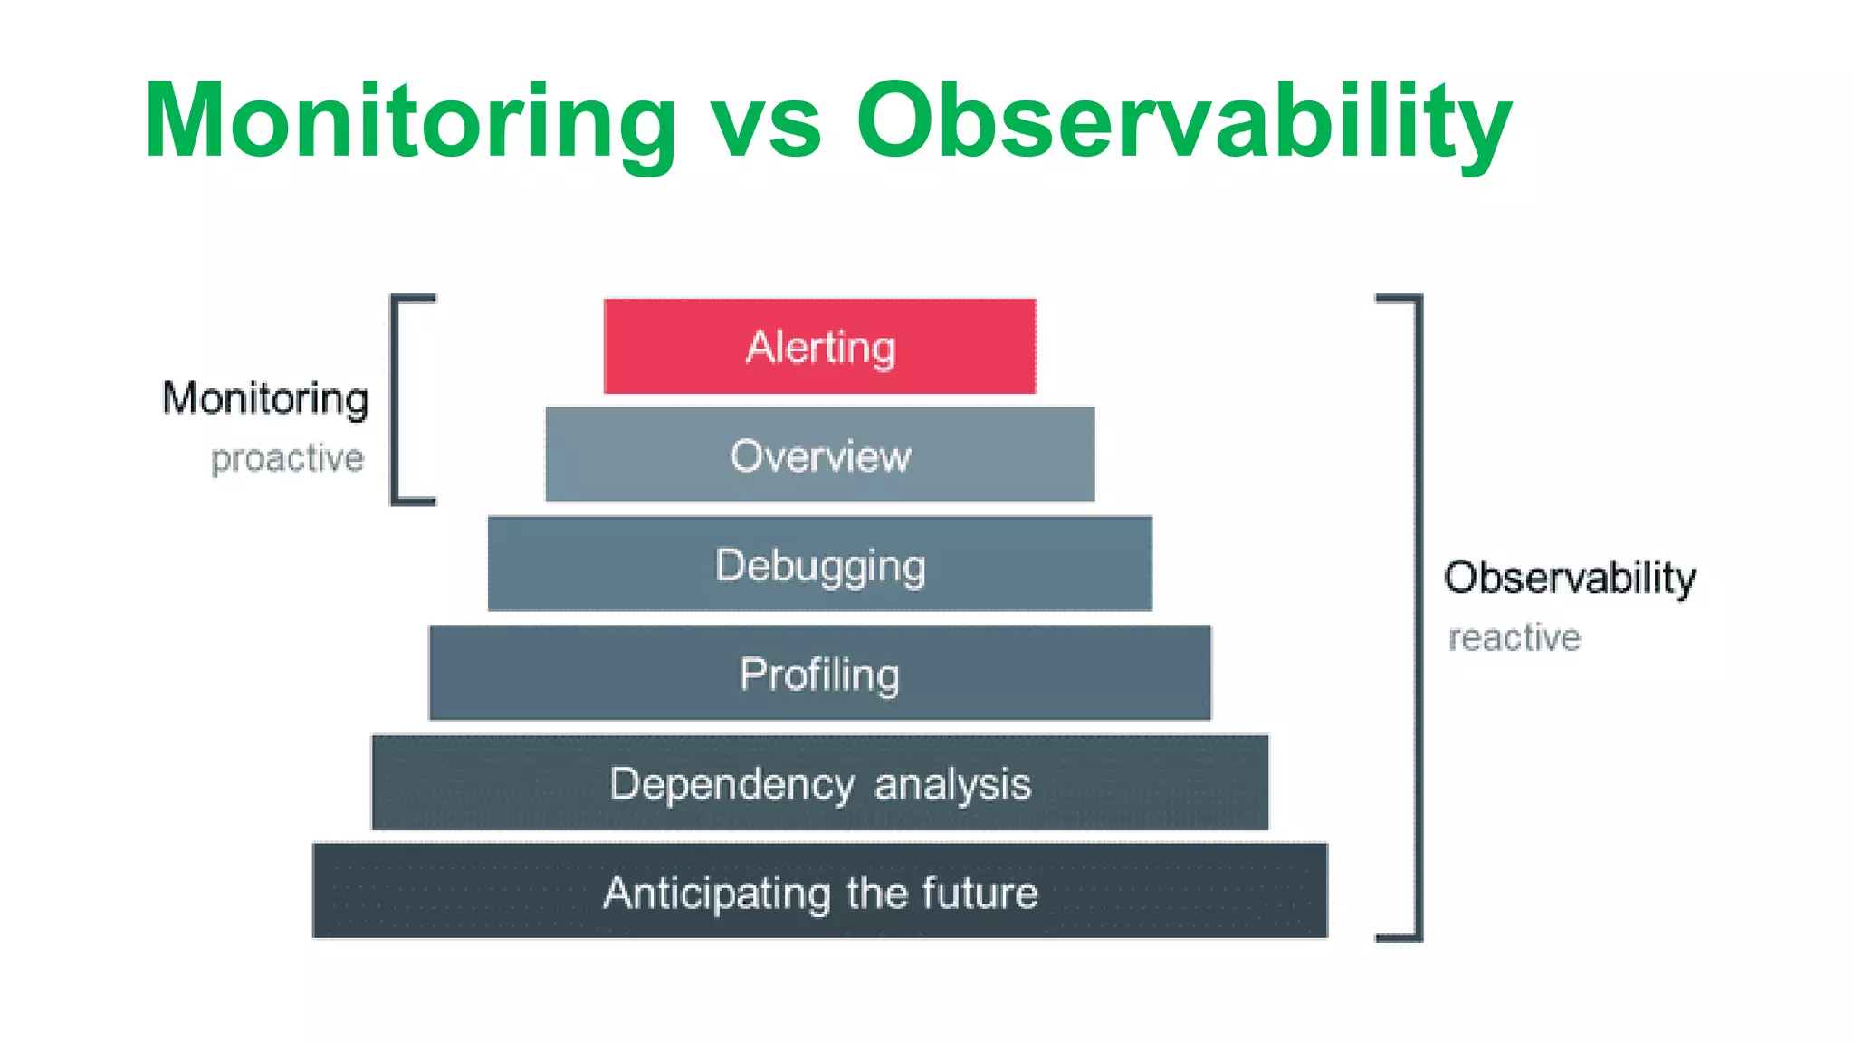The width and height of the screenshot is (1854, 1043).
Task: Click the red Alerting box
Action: (x=819, y=346)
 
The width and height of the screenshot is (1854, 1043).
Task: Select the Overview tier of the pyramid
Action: (x=819, y=455)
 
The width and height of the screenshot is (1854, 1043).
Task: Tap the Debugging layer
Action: (x=819, y=564)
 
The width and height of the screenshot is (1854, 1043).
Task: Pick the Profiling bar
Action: (x=819, y=674)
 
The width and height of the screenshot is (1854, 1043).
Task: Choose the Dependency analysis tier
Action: (x=819, y=783)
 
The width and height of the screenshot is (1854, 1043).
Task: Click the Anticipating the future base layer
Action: (x=819, y=892)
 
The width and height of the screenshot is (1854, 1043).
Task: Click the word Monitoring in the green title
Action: (x=409, y=122)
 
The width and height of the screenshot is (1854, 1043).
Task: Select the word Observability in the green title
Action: (x=1183, y=122)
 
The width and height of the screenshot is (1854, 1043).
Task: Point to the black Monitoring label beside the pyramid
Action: (x=265, y=398)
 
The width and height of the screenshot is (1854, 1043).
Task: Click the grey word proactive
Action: (x=287, y=458)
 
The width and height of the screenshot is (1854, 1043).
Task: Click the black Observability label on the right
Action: (x=1569, y=578)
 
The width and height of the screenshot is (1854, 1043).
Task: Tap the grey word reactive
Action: (x=1514, y=637)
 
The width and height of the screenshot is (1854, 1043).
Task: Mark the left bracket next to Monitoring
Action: (x=396, y=399)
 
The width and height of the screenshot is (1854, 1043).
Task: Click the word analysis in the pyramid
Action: (x=952, y=784)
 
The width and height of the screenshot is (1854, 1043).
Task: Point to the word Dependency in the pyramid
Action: (x=731, y=784)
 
